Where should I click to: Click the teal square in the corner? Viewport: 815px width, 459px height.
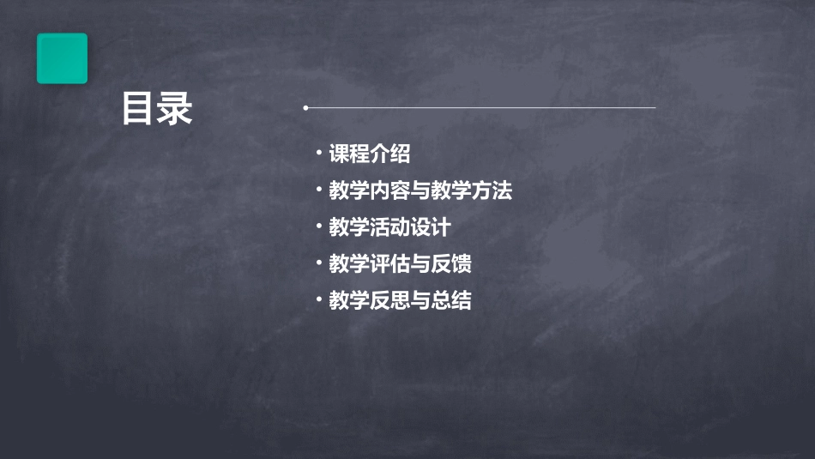point(62,58)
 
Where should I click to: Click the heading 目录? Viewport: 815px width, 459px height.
point(156,109)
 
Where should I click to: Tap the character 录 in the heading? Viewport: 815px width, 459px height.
point(175,109)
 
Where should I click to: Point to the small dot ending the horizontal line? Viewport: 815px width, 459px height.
point(305,108)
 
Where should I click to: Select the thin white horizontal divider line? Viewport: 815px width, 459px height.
point(480,108)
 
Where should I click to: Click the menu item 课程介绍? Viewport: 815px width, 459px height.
point(370,154)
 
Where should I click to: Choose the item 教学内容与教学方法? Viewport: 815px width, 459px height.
point(420,190)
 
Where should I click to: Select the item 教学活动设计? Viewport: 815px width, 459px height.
point(389,227)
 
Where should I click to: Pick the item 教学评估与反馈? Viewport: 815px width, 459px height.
point(400,264)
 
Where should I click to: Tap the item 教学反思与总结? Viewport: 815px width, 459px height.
point(400,301)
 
